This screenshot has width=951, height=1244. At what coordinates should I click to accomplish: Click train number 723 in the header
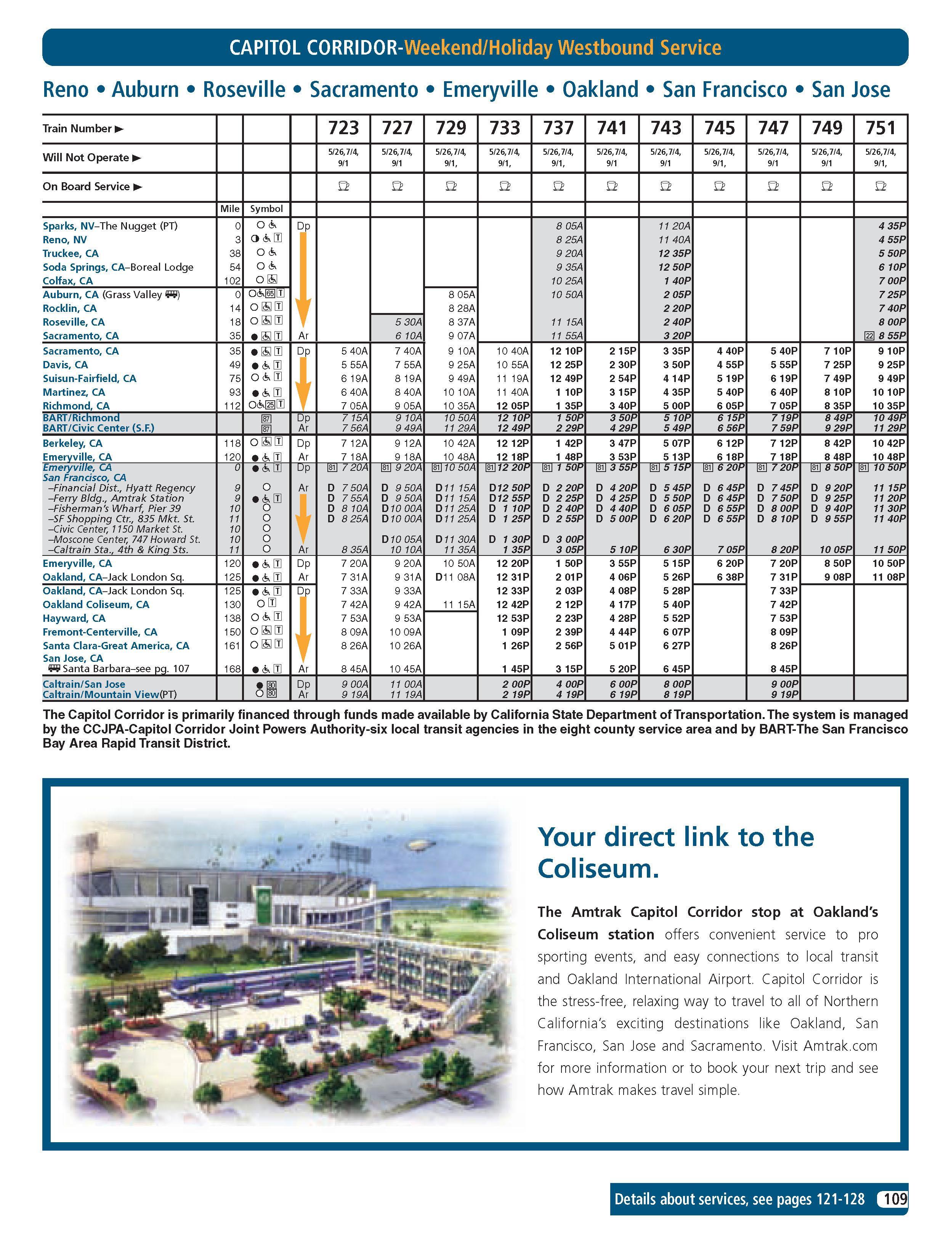[x=343, y=128]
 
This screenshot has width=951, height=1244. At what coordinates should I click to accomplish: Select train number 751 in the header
[x=880, y=128]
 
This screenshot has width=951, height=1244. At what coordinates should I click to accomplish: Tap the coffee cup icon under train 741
[x=612, y=186]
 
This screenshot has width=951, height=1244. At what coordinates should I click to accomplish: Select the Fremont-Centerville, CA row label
[x=99, y=632]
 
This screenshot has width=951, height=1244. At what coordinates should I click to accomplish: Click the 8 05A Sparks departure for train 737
[x=569, y=226]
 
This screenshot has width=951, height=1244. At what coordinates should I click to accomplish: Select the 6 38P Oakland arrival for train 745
[x=730, y=577]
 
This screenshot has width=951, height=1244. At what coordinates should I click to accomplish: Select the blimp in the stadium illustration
[x=419, y=845]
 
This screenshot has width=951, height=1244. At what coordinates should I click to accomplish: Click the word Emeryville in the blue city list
[x=490, y=90]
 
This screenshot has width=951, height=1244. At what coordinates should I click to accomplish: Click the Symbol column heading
[x=266, y=209]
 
